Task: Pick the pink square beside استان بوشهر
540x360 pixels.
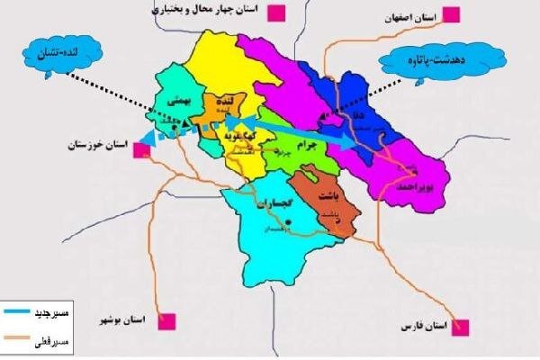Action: click(x=166, y=319)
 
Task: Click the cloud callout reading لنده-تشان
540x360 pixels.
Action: click(x=46, y=51)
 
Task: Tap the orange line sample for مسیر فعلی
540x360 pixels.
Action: click(x=22, y=339)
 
